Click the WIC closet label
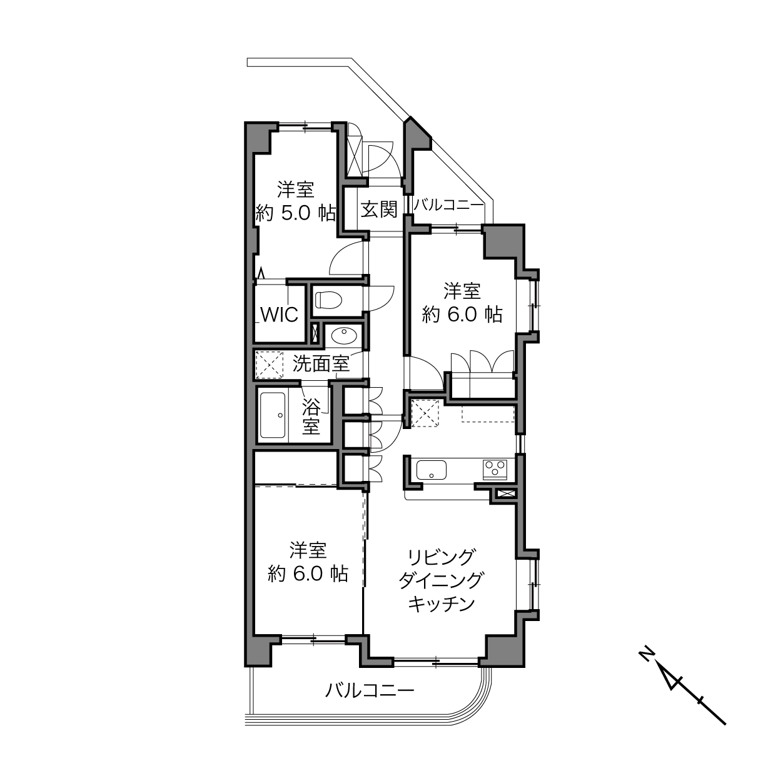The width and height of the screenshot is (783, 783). pyautogui.click(x=280, y=314)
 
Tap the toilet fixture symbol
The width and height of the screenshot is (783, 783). pyautogui.click(x=328, y=300)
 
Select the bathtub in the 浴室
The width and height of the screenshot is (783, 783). pyautogui.click(x=273, y=415)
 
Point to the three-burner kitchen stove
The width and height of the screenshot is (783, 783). pyautogui.click(x=495, y=469)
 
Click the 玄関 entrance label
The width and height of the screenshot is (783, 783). pyautogui.click(x=379, y=209)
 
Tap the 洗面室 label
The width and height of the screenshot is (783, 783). pyautogui.click(x=321, y=363)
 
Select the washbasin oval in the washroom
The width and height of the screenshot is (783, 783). pyautogui.click(x=343, y=336)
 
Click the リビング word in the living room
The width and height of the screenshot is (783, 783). pyautogui.click(x=441, y=556)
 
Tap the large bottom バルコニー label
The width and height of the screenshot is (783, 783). pyautogui.click(x=370, y=691)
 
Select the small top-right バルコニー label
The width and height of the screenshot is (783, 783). pyautogui.click(x=448, y=205)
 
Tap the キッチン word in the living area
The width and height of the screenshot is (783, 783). pyautogui.click(x=441, y=604)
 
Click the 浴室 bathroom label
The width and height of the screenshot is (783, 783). pyautogui.click(x=311, y=417)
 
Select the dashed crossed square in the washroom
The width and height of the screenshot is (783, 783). pyautogui.click(x=270, y=365)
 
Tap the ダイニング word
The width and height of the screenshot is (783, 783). pyautogui.click(x=441, y=580)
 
